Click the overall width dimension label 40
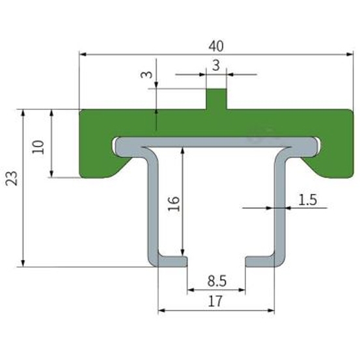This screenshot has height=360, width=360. [216, 46]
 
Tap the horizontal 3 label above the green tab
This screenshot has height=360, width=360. [216, 66]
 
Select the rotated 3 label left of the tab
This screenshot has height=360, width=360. [146, 75]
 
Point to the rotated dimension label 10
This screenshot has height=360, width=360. [38, 147]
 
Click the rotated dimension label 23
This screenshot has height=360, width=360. [12, 178]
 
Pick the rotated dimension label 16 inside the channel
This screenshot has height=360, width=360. [174, 203]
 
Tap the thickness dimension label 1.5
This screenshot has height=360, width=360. [308, 200]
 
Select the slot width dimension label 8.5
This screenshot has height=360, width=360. [217, 281]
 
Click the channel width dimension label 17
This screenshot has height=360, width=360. [215, 301]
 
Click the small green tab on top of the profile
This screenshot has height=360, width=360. [216, 99]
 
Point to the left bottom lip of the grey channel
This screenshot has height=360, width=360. [173, 262]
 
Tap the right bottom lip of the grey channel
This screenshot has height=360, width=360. [260, 262]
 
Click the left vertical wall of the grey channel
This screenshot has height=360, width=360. [153, 206]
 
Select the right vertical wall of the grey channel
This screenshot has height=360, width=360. [280, 206]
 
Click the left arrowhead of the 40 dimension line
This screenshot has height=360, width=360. [83, 55]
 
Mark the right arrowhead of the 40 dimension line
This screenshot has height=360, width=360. [350, 55]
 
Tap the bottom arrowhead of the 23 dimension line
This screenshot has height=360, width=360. [23, 264]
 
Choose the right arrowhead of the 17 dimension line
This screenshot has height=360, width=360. [271, 311]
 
